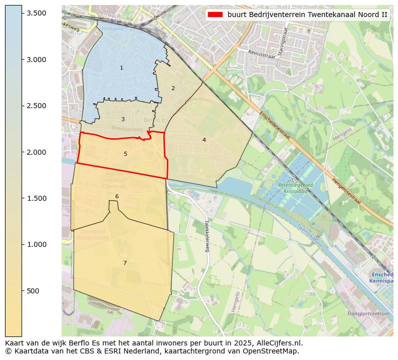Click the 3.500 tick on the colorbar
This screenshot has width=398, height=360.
point(22,13)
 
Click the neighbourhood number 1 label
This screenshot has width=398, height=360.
point(121,68)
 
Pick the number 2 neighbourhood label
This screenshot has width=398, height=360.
point(173,88)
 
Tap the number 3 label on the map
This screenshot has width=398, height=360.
point(123,119)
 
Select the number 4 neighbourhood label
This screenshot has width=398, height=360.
point(204,140)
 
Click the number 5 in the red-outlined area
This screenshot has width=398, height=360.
point(125,154)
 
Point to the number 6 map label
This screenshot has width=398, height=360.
point(117,196)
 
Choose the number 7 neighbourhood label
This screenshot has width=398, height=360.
point(125,263)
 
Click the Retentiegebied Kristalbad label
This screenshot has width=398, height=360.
point(295,188)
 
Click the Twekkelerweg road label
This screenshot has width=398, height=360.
point(206,236)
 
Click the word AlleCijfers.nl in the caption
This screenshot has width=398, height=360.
point(278,343)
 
